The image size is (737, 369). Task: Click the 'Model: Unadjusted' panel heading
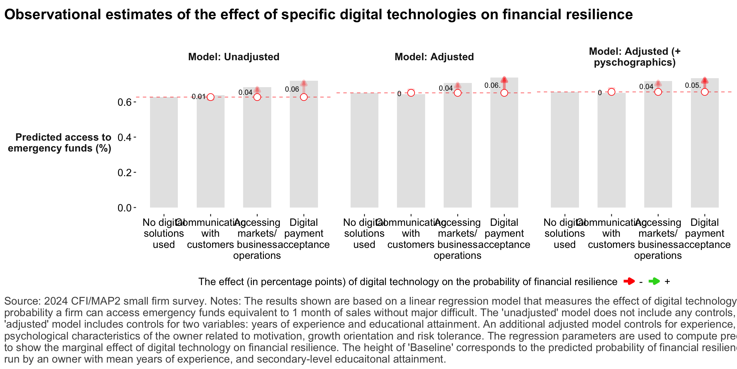click(x=234, y=57)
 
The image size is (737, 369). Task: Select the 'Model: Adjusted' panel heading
click(x=434, y=57)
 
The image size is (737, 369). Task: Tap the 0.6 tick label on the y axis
click(x=124, y=102)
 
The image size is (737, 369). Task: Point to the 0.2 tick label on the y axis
click(x=124, y=173)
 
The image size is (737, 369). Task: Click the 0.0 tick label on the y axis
click(x=124, y=208)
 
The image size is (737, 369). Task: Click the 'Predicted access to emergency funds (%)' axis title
click(x=60, y=143)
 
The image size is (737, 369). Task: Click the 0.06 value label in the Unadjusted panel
click(x=292, y=89)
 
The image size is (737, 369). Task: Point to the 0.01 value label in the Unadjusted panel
click(x=198, y=97)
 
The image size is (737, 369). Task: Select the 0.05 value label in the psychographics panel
click(x=693, y=86)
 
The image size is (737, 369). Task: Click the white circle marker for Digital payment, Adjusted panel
click(x=504, y=93)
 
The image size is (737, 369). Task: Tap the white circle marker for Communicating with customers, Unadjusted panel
click(x=210, y=97)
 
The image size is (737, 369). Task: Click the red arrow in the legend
click(x=629, y=282)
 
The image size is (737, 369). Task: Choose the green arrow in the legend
click(x=654, y=282)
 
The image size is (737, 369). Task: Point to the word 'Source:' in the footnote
click(x=22, y=301)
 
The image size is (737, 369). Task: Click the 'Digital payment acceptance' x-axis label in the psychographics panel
click(x=704, y=234)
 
